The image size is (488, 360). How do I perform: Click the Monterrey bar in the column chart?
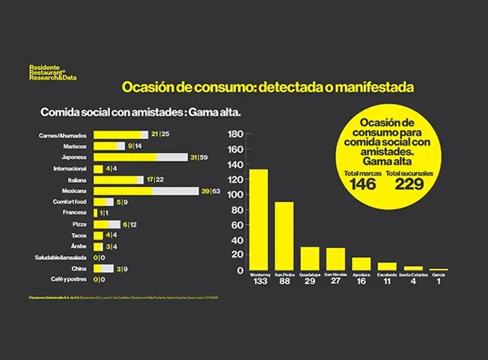[258, 219]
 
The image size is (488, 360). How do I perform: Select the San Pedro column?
[284, 236]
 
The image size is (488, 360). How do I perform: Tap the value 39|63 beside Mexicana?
[210, 191]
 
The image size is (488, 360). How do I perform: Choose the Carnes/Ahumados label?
[63, 135]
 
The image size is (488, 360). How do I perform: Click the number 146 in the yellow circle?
[362, 184]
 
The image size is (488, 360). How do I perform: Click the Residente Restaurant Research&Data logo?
[53, 72]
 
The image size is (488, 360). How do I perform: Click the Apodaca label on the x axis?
[361, 274]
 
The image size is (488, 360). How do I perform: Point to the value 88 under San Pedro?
[284, 282]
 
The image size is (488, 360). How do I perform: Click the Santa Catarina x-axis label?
[413, 274]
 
